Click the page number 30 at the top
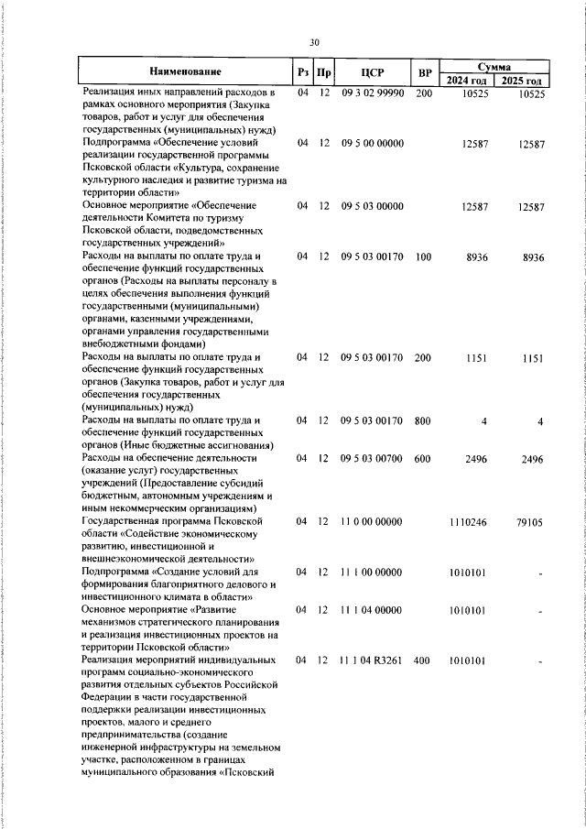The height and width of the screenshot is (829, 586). pyautogui.click(x=314, y=41)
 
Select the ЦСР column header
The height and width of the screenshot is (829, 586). pyautogui.click(x=372, y=71)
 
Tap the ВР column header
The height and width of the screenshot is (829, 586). pyautogui.click(x=424, y=71)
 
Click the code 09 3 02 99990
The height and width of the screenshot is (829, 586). pyautogui.click(x=372, y=93)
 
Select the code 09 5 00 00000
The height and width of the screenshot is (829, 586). pyautogui.click(x=372, y=144)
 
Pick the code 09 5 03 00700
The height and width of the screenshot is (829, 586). pyautogui.click(x=372, y=459)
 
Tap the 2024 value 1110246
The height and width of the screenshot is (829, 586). pyautogui.click(x=468, y=522)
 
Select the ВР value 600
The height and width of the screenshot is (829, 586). pyautogui.click(x=422, y=459)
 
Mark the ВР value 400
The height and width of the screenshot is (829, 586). pyautogui.click(x=422, y=660)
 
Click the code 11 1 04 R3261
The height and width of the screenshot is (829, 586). pyautogui.click(x=372, y=660)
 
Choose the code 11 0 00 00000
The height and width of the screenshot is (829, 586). pyautogui.click(x=372, y=522)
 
